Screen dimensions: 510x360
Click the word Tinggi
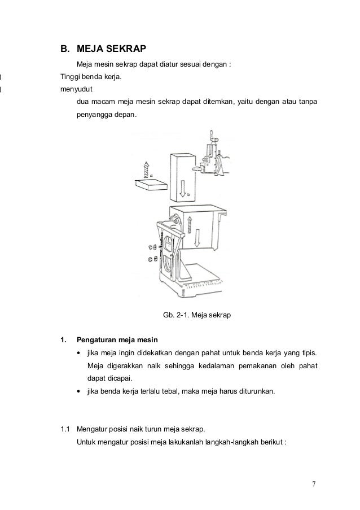point(71,76)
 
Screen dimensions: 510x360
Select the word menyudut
point(76,89)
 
